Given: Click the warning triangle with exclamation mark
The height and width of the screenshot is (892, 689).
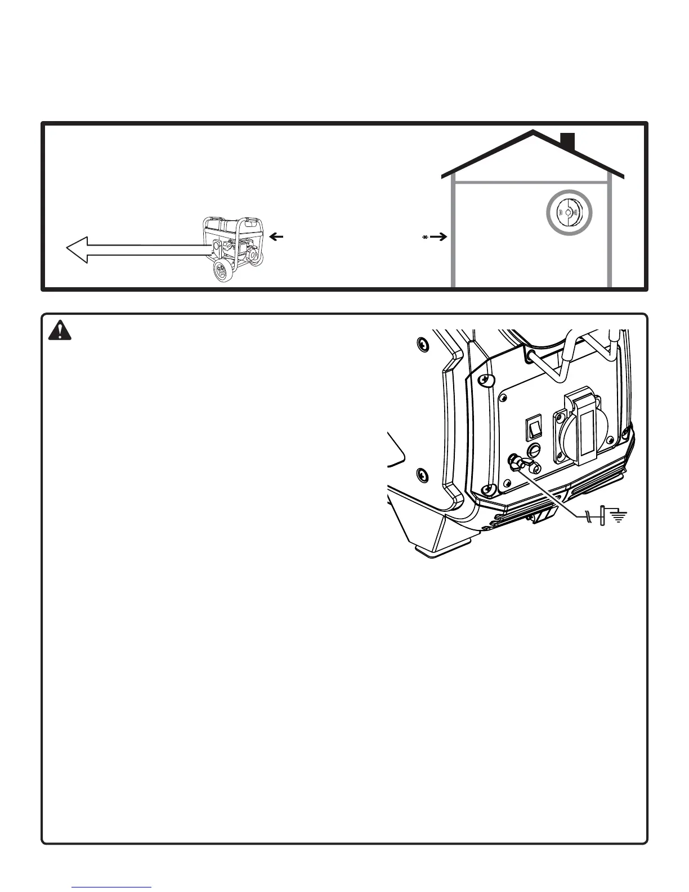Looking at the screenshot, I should point(60,330).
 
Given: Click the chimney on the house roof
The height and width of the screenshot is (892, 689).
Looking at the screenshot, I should point(567,142).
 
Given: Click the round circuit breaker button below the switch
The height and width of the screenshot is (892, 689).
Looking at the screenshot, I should point(535,450).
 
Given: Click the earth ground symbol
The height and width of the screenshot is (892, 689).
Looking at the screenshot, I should point(619,515).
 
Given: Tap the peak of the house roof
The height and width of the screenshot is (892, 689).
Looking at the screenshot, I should point(533,132).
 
